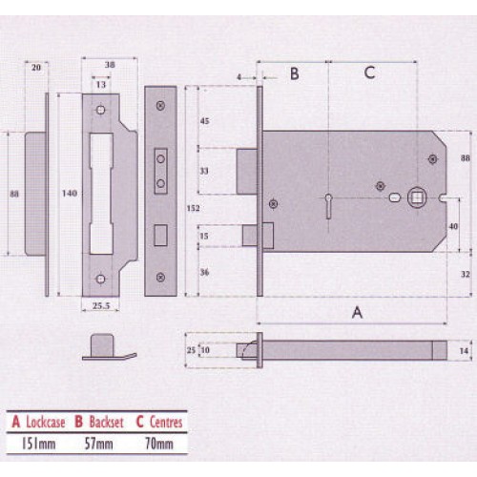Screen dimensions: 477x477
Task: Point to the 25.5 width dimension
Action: (x=102, y=305)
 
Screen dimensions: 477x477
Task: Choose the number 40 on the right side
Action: (x=454, y=226)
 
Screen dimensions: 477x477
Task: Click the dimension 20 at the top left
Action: (x=36, y=68)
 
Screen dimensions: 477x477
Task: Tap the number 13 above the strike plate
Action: (x=101, y=84)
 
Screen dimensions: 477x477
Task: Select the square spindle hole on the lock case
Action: (x=417, y=198)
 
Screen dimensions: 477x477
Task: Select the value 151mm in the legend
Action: (x=35, y=443)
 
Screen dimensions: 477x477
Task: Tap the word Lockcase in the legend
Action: (x=47, y=421)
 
